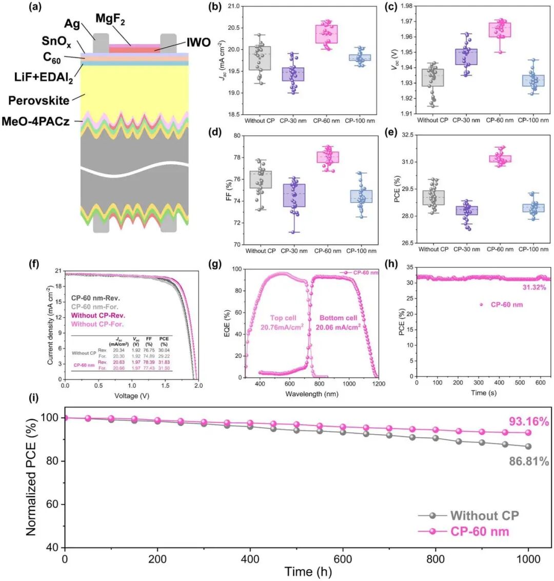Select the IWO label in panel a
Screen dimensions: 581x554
[198, 42]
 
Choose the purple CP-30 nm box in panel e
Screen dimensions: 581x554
[432, 210]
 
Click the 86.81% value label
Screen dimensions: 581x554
[529, 462]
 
